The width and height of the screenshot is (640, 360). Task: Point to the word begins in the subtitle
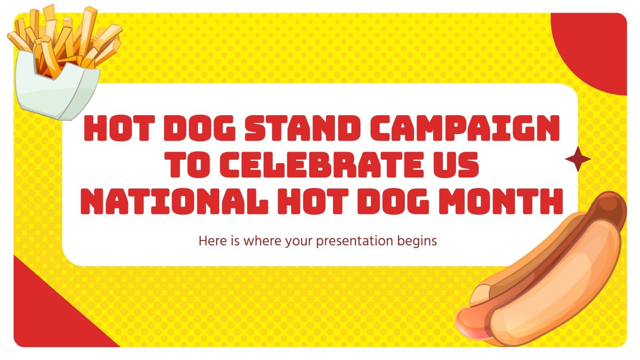[x=417, y=241]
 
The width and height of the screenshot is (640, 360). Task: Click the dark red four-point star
[x=578, y=159]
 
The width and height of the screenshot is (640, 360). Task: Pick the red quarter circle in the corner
[x=596, y=48]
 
